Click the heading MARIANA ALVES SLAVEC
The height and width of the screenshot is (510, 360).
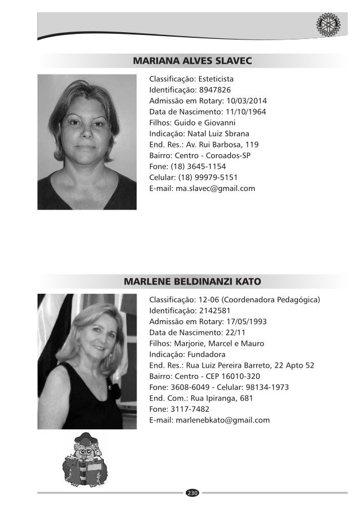(191, 60)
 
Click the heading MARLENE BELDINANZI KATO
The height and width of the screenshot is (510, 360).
(191, 281)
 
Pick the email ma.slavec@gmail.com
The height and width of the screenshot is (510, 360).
(216, 188)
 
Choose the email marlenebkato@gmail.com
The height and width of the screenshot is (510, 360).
(223, 420)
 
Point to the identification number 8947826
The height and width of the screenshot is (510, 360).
(214, 89)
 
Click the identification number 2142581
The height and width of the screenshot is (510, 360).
(214, 310)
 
